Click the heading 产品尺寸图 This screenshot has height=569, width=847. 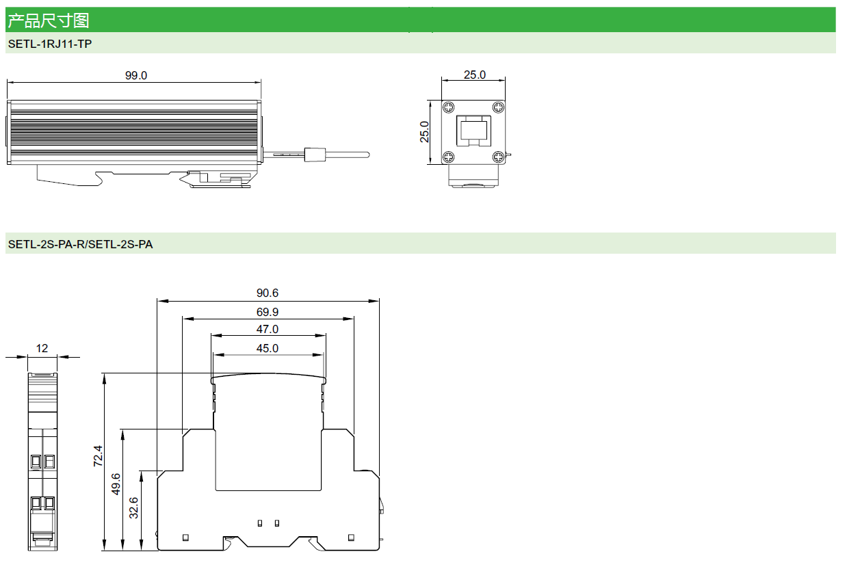click(48, 21)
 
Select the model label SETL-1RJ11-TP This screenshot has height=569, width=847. click(49, 44)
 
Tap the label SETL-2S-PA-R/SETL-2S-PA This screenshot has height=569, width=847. click(80, 244)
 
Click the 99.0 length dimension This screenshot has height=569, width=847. click(135, 75)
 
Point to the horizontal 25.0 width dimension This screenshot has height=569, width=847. click(474, 75)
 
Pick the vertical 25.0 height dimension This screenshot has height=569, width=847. click(425, 132)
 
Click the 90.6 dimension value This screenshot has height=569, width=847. click(268, 293)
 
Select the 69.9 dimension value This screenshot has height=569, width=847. click(268, 312)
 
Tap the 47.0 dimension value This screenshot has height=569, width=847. click(268, 330)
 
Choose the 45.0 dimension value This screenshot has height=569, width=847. click(268, 348)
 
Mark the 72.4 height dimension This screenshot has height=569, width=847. click(98, 456)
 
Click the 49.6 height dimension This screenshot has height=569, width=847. click(116, 484)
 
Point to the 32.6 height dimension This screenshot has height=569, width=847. click(134, 507)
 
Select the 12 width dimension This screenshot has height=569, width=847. click(42, 349)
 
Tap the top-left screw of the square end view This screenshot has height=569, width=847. click(448, 107)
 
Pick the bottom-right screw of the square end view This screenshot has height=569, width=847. click(499, 157)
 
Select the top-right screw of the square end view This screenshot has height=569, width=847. click(499, 107)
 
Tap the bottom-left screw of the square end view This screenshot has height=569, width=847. click(448, 157)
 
